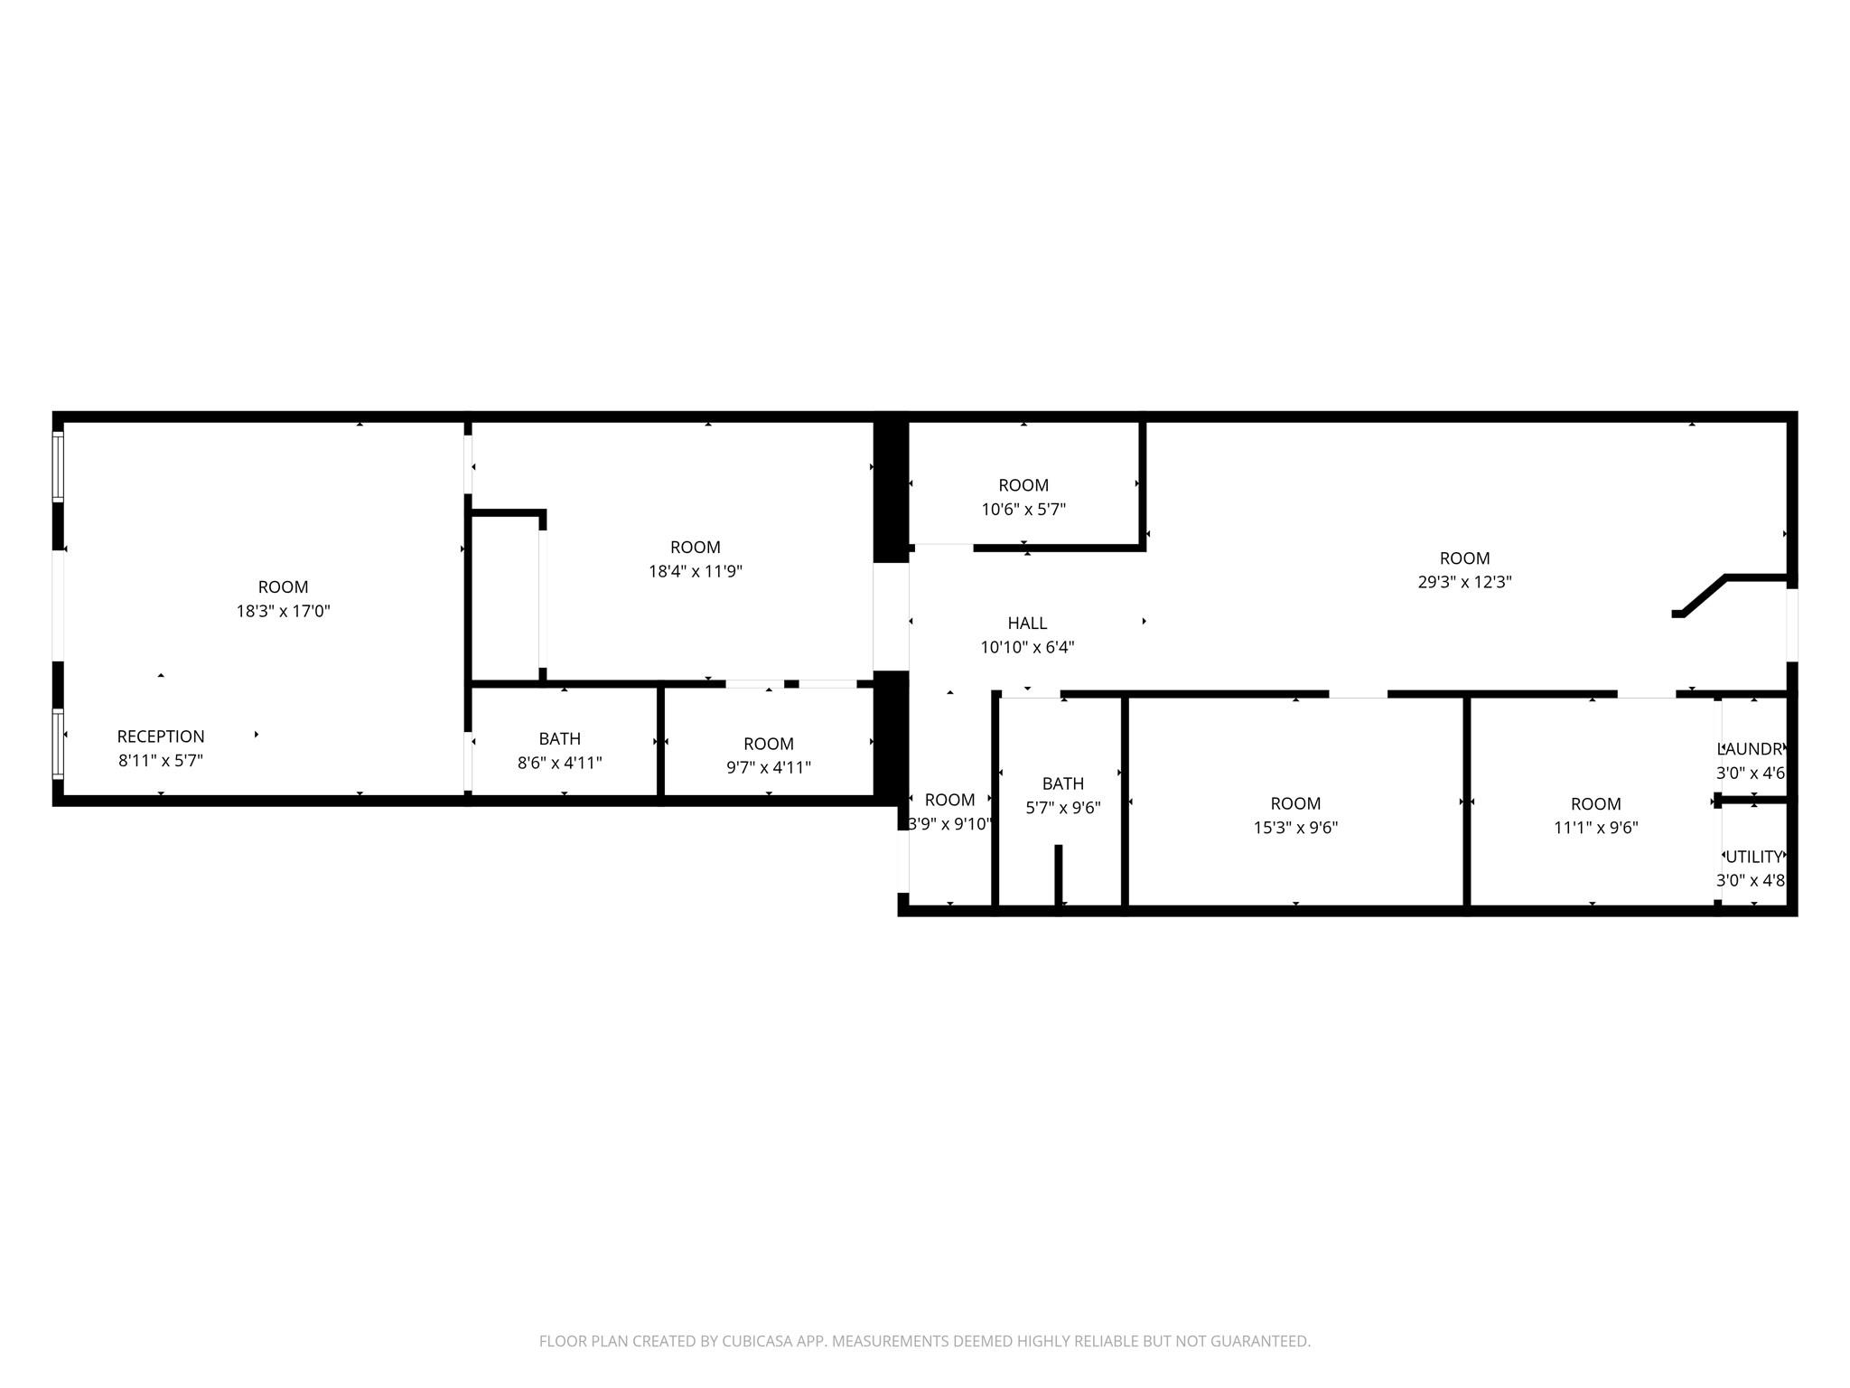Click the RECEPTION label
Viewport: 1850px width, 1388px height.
pyautogui.click(x=161, y=736)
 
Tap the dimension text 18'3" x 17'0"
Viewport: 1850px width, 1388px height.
pyautogui.click(x=283, y=611)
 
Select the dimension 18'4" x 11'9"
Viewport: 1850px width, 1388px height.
pyautogui.click(x=695, y=571)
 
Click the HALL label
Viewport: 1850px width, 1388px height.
pyautogui.click(x=1027, y=623)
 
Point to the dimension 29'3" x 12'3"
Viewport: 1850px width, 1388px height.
pyautogui.click(x=1464, y=582)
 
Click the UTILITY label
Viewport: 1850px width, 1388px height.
pyautogui.click(x=1753, y=857)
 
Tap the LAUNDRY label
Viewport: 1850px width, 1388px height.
pyautogui.click(x=1752, y=749)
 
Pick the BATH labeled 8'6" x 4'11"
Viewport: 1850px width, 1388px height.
pyautogui.click(x=559, y=738)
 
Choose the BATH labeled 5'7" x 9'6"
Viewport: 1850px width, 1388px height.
pyautogui.click(x=1062, y=783)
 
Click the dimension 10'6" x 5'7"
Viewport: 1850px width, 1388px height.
pyautogui.click(x=1023, y=510)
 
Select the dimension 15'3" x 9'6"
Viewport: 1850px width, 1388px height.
pyautogui.click(x=1295, y=828)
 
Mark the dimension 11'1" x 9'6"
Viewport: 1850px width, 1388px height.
pyautogui.click(x=1595, y=828)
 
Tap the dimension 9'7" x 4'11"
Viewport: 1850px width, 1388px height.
pyautogui.click(x=768, y=768)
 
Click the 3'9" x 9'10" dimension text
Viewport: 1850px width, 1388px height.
pyautogui.click(x=949, y=824)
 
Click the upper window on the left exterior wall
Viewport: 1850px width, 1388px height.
pyautogui.click(x=59, y=466)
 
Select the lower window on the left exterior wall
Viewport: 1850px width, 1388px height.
pyautogui.click(x=59, y=744)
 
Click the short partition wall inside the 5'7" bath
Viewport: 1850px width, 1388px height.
pyautogui.click(x=1058, y=873)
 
